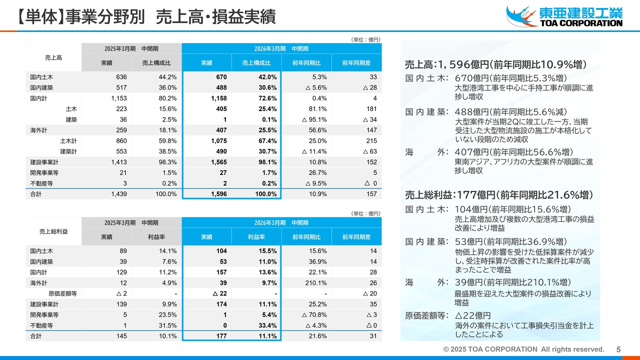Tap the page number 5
[618, 350]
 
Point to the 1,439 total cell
[118, 194]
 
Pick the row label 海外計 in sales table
[38, 130]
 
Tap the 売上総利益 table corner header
[53, 231]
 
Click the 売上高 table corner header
[53, 58]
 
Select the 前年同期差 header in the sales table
[356, 63]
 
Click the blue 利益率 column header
[256, 236]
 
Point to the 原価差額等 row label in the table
[62, 293]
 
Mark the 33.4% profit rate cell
[266, 325]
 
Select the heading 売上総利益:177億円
[498, 195]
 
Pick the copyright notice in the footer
[523, 349]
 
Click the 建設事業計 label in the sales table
[44, 162]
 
